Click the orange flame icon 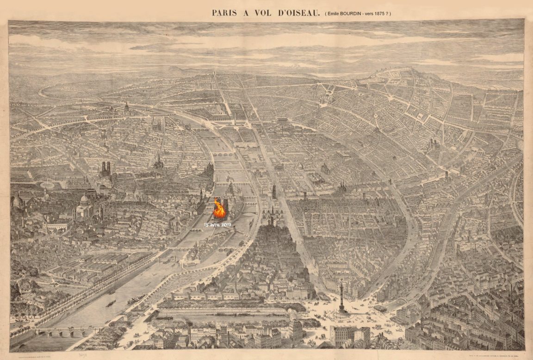tap(219, 210)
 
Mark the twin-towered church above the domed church tap(106, 169)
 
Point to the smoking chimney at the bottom tap(189, 329)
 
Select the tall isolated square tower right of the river tap(274, 192)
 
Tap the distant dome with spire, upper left tap(126, 109)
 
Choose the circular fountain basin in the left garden tap(47, 184)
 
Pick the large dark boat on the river tap(111, 303)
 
